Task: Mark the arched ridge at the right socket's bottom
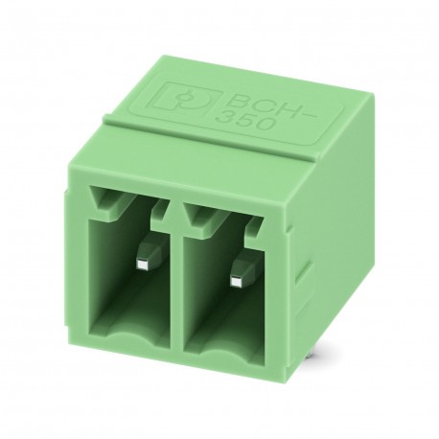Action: pyautogui.click(x=225, y=351)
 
